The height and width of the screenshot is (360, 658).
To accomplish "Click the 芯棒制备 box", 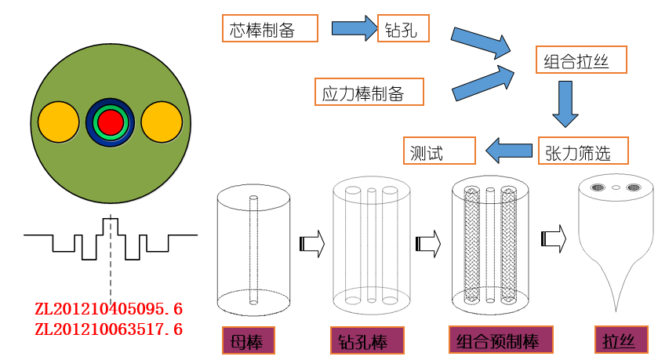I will pyautogui.click(x=270, y=29).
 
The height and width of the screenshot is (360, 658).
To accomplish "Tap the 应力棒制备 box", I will pyautogui.click(x=369, y=92).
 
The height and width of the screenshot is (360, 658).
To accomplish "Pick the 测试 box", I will pyautogui.click(x=440, y=151).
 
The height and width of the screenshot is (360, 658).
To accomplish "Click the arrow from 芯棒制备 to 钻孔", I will pyautogui.click(x=354, y=29).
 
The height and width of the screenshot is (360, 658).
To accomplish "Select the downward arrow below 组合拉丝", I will pyautogui.click(x=565, y=103).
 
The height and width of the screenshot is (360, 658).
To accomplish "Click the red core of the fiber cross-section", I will pyautogui.click(x=111, y=122).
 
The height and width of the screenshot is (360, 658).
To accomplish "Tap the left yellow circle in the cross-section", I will pyautogui.click(x=59, y=122).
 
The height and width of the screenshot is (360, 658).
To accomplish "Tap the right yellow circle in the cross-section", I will pyautogui.click(x=162, y=122).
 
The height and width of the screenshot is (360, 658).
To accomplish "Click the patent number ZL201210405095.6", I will pyautogui.click(x=108, y=308).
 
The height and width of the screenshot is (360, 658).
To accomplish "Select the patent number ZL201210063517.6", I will pyautogui.click(x=108, y=330).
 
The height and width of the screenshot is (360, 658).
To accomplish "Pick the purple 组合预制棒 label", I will pyautogui.click(x=501, y=340).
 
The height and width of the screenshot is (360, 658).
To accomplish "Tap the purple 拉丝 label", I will pyautogui.click(x=616, y=341).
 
